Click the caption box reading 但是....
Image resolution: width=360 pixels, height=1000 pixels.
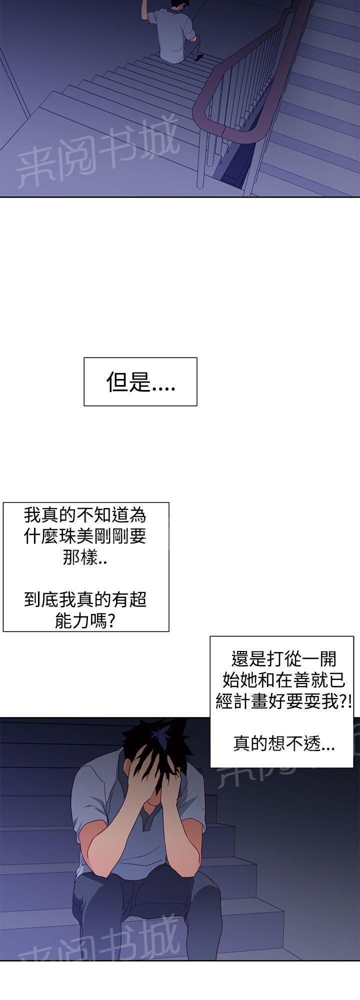click(140, 381)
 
